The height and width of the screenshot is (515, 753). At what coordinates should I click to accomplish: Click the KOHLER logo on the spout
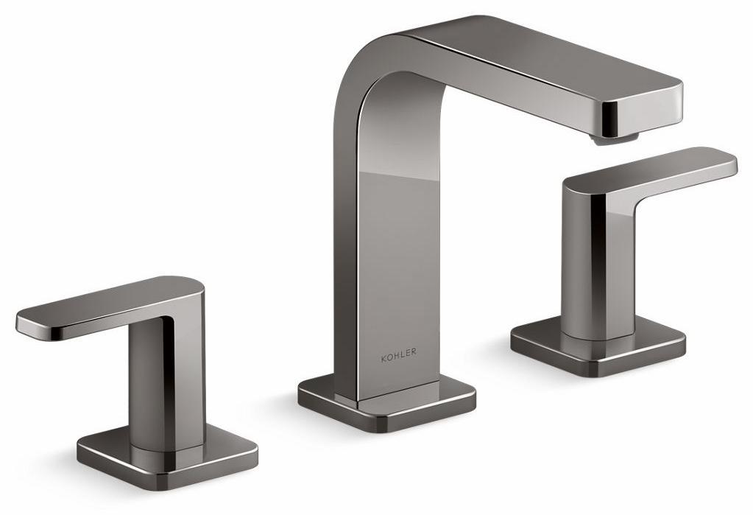(x=398, y=353)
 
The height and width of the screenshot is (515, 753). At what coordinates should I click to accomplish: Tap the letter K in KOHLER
(x=383, y=353)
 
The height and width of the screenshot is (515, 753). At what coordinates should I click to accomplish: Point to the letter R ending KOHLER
(x=413, y=353)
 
